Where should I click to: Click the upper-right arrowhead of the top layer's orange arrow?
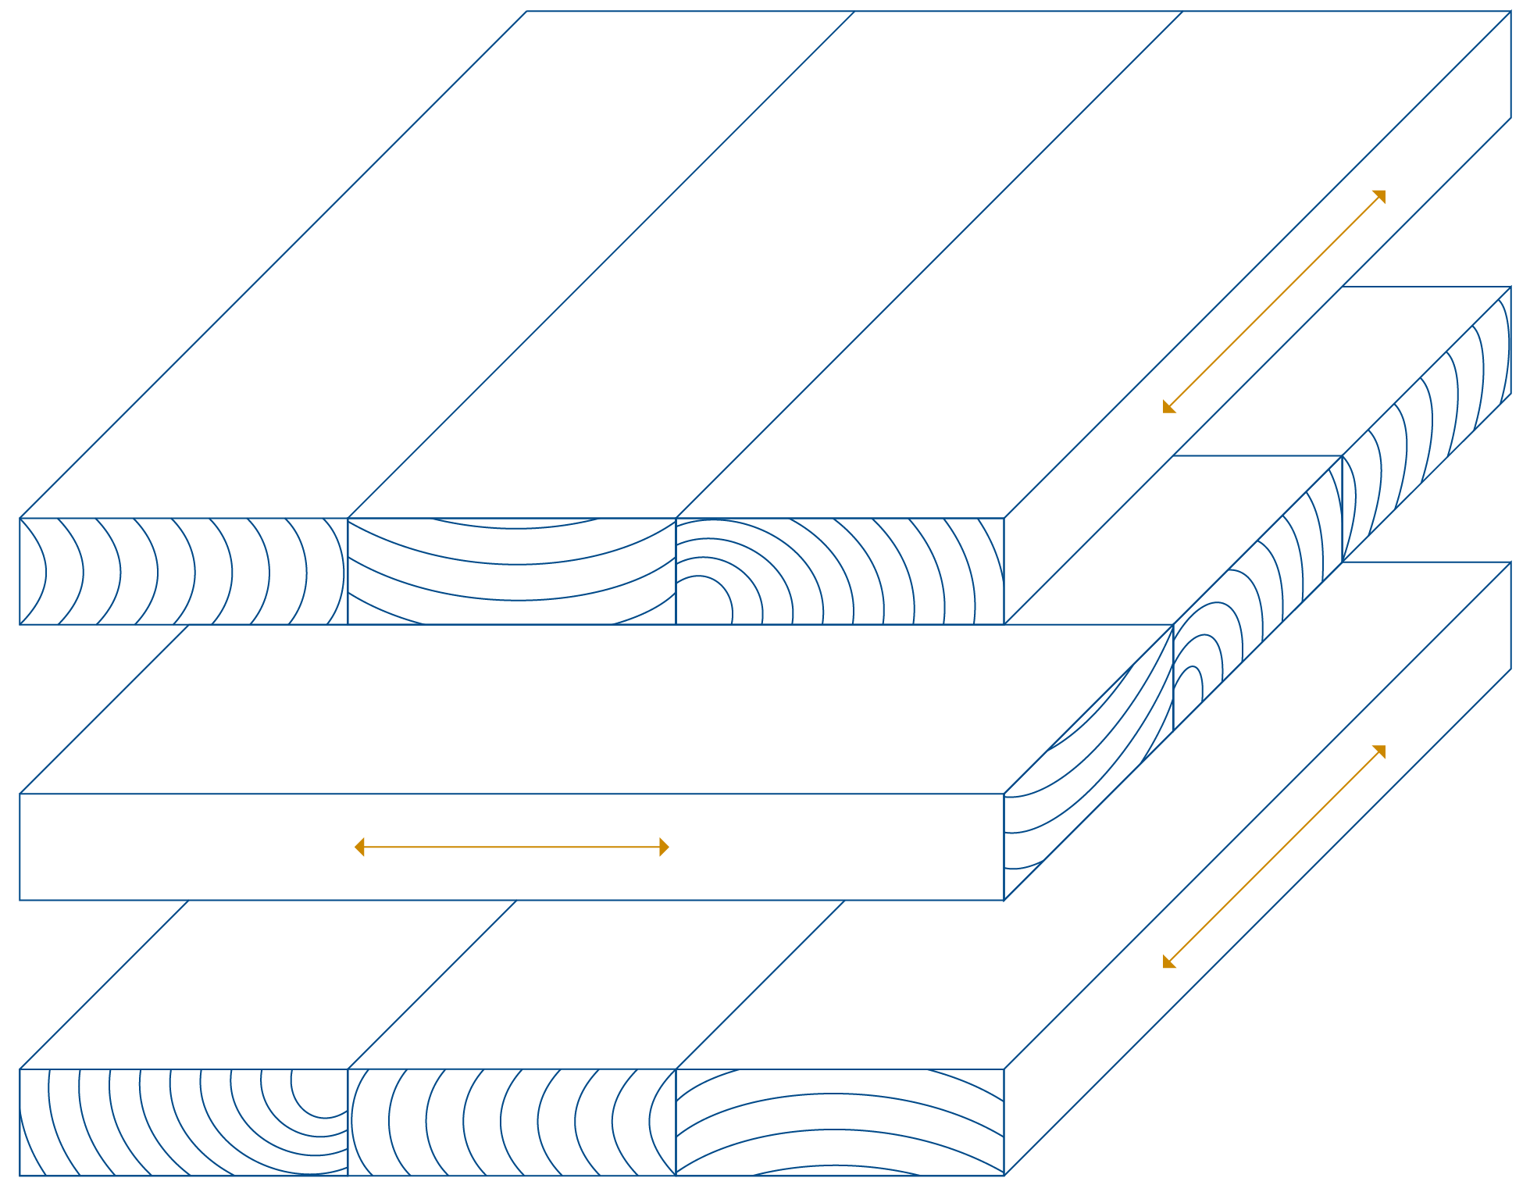pyautogui.click(x=1381, y=195)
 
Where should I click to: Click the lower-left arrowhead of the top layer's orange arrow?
pyautogui.click(x=1168, y=408)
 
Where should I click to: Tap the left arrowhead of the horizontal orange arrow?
pyautogui.click(x=359, y=848)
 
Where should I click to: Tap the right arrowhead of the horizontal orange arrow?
pyautogui.click(x=665, y=848)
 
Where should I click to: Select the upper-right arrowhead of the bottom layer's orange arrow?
pyautogui.click(x=1381, y=750)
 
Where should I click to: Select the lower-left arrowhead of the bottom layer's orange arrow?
pyautogui.click(x=1168, y=963)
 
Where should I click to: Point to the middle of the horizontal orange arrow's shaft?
pyautogui.click(x=512, y=848)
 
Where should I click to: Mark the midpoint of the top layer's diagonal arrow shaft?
pyautogui.click(x=1274, y=302)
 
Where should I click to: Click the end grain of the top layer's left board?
pyautogui.click(x=184, y=571)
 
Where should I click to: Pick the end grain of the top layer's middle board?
pyautogui.click(x=512, y=571)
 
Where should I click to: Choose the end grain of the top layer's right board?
pyautogui.click(x=840, y=571)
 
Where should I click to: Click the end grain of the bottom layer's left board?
pyautogui.click(x=184, y=1122)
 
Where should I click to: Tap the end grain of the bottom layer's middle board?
pyautogui.click(x=512, y=1122)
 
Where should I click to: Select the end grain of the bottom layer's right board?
pyautogui.click(x=840, y=1122)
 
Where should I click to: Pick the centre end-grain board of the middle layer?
pyautogui.click(x=1257, y=594)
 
